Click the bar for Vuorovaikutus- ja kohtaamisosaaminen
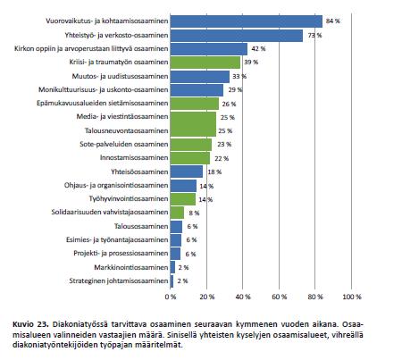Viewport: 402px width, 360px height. pyautogui.click(x=247, y=21)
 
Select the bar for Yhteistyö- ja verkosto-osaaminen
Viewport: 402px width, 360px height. pyautogui.click(x=237, y=36)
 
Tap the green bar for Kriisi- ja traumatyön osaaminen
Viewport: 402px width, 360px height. pyautogui.click(x=205, y=63)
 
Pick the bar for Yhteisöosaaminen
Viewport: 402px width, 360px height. pyautogui.click(x=187, y=172)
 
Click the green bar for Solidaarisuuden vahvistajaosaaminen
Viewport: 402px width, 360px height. pyautogui.click(x=177, y=213)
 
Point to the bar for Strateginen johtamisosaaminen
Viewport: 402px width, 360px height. pyautogui.click(x=172, y=281)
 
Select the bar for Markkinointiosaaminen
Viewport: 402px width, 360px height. pyautogui.click(x=172, y=267)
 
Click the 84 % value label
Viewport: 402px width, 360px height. pyautogui.click(x=333, y=21)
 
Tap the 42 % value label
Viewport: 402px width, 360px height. pyautogui.click(x=258, y=48)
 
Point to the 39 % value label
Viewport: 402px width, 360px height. pyautogui.click(x=251, y=63)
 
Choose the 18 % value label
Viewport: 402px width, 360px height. pyautogui.click(x=214, y=172)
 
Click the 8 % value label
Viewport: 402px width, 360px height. pyautogui.click(x=194, y=213)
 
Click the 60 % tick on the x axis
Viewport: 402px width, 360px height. pyautogui.click(x=280, y=297)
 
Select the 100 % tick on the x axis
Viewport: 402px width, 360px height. pyautogui.click(x=352, y=297)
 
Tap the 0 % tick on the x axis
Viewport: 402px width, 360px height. pyautogui.click(x=171, y=297)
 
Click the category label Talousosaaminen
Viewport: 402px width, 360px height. pyautogui.click(x=141, y=226)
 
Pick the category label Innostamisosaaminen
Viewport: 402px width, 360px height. pyautogui.click(x=134, y=157)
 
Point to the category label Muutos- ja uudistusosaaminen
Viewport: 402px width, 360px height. pyautogui.click(x=120, y=76)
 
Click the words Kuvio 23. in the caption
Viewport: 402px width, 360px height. pyautogui.click(x=30, y=324)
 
